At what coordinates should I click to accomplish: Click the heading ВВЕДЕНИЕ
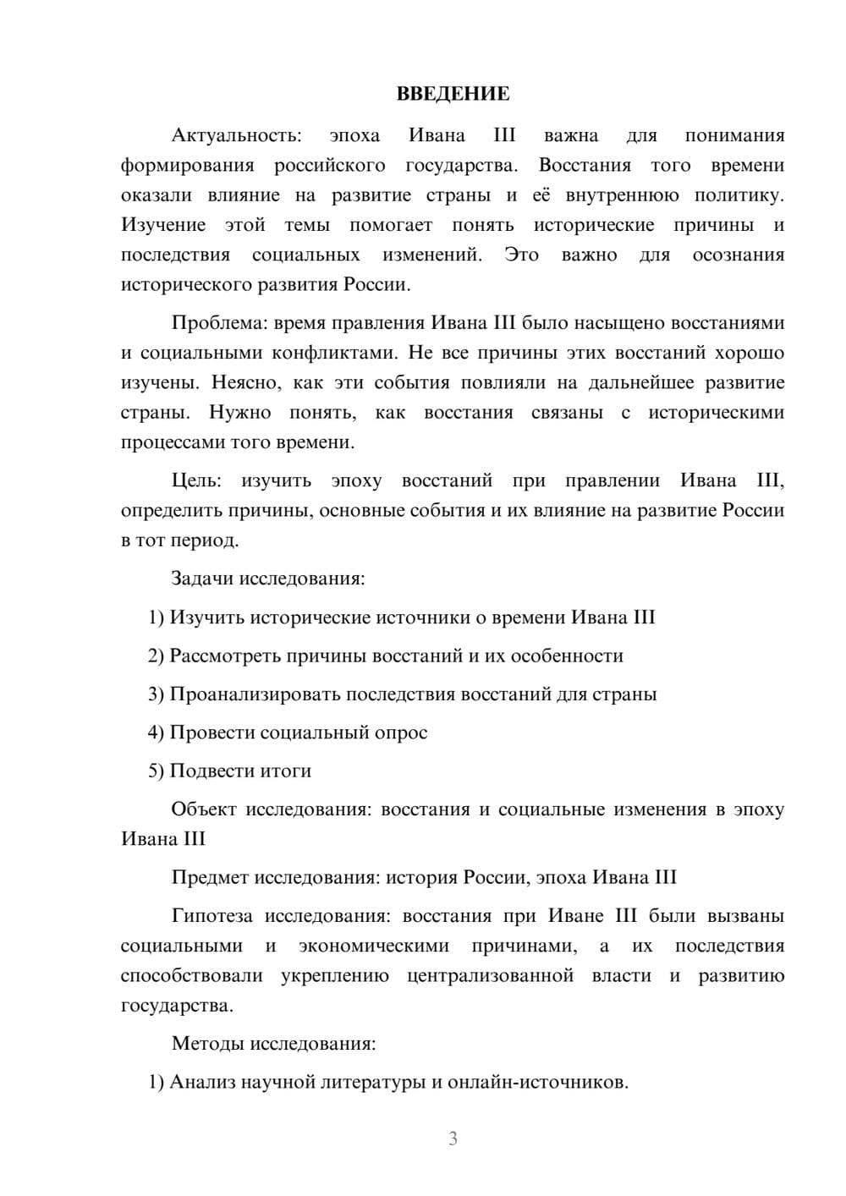pyautogui.click(x=453, y=94)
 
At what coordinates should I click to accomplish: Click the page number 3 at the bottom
pyautogui.click(x=453, y=1138)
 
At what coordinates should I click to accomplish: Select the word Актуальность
pyautogui.click(x=236, y=135)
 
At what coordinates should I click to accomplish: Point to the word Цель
pyautogui.click(x=196, y=481)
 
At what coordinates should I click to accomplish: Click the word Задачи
pyautogui.click(x=202, y=579)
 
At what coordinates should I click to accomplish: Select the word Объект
pyautogui.click(x=204, y=809)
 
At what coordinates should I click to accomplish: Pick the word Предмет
pyautogui.click(x=211, y=877)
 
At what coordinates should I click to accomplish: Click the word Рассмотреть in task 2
pyautogui.click(x=225, y=656)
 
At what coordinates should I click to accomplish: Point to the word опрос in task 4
pyautogui.click(x=401, y=732)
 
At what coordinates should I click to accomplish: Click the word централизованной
pyautogui.click(x=491, y=976)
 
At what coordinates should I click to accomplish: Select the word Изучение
pyautogui.click(x=163, y=225)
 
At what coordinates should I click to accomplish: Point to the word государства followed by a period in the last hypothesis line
pyautogui.click(x=177, y=1006)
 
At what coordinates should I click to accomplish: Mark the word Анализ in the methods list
pyautogui.click(x=203, y=1082)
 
